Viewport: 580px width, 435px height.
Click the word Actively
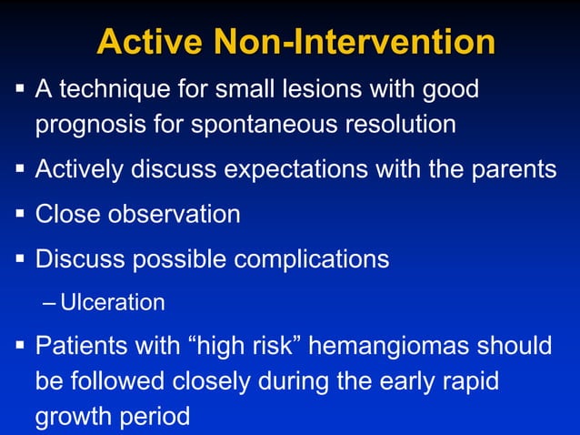coord(77,170)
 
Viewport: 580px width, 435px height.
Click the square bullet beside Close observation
coord(18,215)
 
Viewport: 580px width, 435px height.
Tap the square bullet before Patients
coord(18,348)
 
